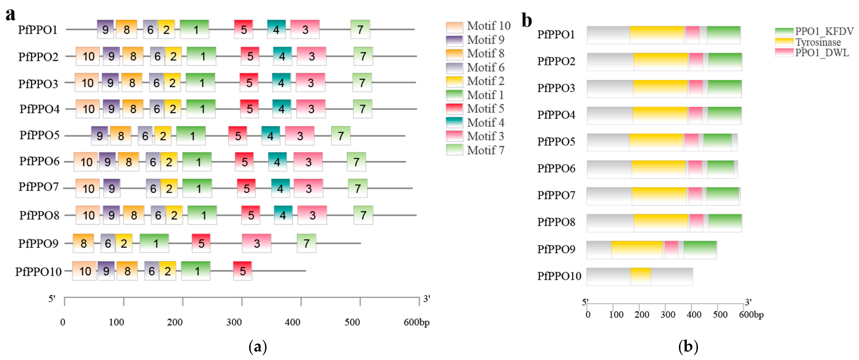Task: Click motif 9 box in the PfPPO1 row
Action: click(105, 29)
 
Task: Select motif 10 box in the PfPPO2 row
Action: click(88, 56)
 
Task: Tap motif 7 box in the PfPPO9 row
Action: click(307, 243)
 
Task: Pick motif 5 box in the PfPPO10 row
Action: click(242, 271)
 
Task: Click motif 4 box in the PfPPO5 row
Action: click(271, 136)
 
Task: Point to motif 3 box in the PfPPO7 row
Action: click(308, 188)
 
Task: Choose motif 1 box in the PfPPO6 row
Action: click(197, 162)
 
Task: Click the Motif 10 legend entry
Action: click(478, 26)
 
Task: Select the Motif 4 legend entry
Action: click(475, 123)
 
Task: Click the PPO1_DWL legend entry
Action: click(812, 53)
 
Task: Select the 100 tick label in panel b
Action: click(616, 315)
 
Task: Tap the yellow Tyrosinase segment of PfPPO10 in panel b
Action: click(641, 276)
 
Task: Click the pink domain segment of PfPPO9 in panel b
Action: click(671, 249)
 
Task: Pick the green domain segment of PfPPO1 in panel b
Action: click(724, 35)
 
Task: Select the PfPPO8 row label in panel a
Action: click(39, 215)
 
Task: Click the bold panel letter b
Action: click(527, 21)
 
